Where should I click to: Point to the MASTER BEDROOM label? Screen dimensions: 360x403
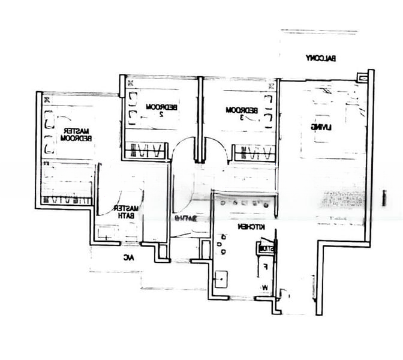coord(76,134)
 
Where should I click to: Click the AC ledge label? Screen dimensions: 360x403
coord(128,258)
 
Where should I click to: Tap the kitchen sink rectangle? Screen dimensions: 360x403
coord(221,278)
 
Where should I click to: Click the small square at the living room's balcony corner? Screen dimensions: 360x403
coord(361,76)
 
